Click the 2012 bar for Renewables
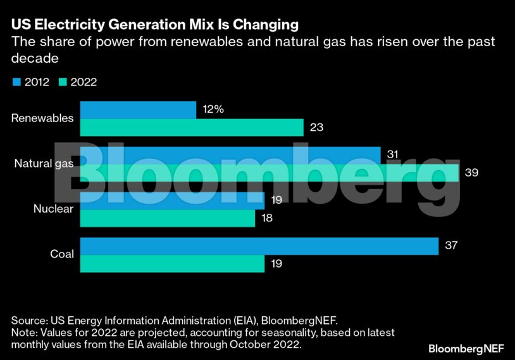coord(138,110)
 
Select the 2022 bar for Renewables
coord(192,127)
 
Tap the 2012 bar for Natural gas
coord(230,155)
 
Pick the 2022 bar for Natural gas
coord(269,172)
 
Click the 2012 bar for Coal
coord(259,246)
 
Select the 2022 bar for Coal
coord(172,263)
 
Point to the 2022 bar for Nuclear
coord(168,218)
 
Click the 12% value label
coord(213,109)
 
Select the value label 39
coord(471,172)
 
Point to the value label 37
coord(451,245)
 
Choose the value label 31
coord(392,155)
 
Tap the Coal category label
coord(62,254)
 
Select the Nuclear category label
coord(54,209)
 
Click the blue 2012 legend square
coord(16,82)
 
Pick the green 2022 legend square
coord(63,82)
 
